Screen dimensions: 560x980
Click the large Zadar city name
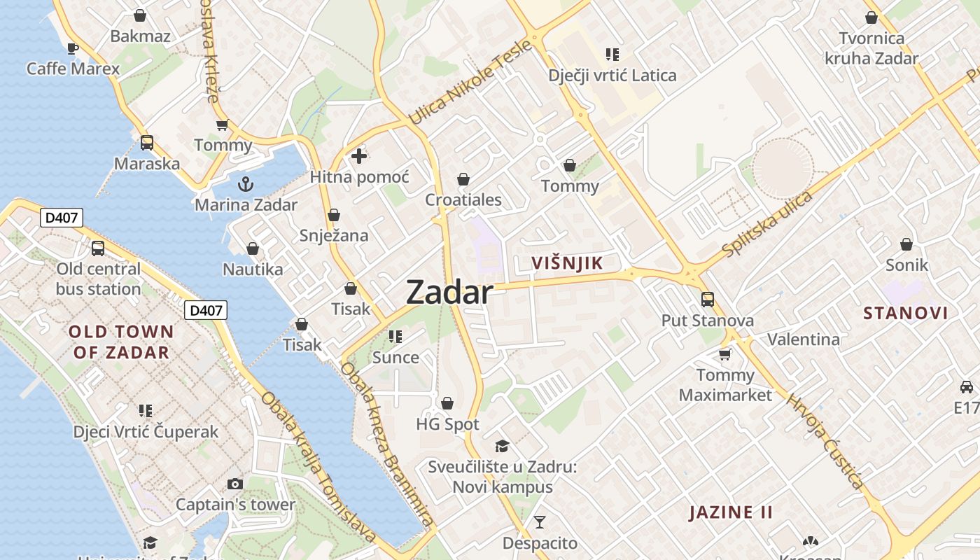pos(449,292)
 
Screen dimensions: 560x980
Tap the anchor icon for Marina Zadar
pos(246,184)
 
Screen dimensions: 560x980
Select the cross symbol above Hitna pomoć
pos(359,156)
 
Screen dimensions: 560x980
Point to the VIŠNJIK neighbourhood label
pos(567,263)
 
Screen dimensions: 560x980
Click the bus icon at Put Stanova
pos(708,300)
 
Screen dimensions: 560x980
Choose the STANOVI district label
pos(905,313)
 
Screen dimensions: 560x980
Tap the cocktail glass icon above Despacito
pos(540,521)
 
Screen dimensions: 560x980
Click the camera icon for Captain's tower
pos(235,484)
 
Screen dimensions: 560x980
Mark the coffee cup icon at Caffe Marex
pos(72,48)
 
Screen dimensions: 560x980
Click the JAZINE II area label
pos(731,512)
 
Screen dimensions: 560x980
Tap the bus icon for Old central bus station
pos(98,248)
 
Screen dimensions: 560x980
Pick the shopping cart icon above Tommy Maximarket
pos(725,354)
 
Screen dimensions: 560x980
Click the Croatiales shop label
pos(463,200)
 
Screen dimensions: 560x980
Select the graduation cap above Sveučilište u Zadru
pos(502,446)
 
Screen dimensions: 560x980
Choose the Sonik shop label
pos(906,265)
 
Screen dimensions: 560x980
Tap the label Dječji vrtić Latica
pos(612,76)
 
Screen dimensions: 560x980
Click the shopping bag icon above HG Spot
pos(447,403)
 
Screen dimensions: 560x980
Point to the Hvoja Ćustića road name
pos(826,442)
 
